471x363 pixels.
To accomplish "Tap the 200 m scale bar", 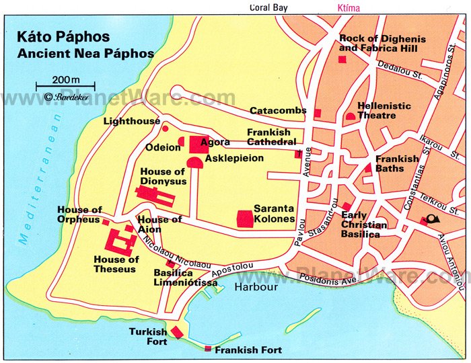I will pyautogui.click(x=65, y=86).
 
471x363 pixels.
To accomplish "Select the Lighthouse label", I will pyautogui.click(x=132, y=122).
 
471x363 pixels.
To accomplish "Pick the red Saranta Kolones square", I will pyautogui.click(x=245, y=218).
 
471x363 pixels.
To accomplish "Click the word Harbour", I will pyautogui.click(x=256, y=287).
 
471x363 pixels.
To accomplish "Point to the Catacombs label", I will pyautogui.click(x=278, y=110).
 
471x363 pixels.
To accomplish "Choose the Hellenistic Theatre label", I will pyautogui.click(x=384, y=111).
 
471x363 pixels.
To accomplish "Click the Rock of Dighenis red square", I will pyautogui.click(x=342, y=61).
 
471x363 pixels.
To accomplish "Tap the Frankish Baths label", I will pyautogui.click(x=397, y=163).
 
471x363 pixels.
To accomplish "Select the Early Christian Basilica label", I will pyautogui.click(x=363, y=225).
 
